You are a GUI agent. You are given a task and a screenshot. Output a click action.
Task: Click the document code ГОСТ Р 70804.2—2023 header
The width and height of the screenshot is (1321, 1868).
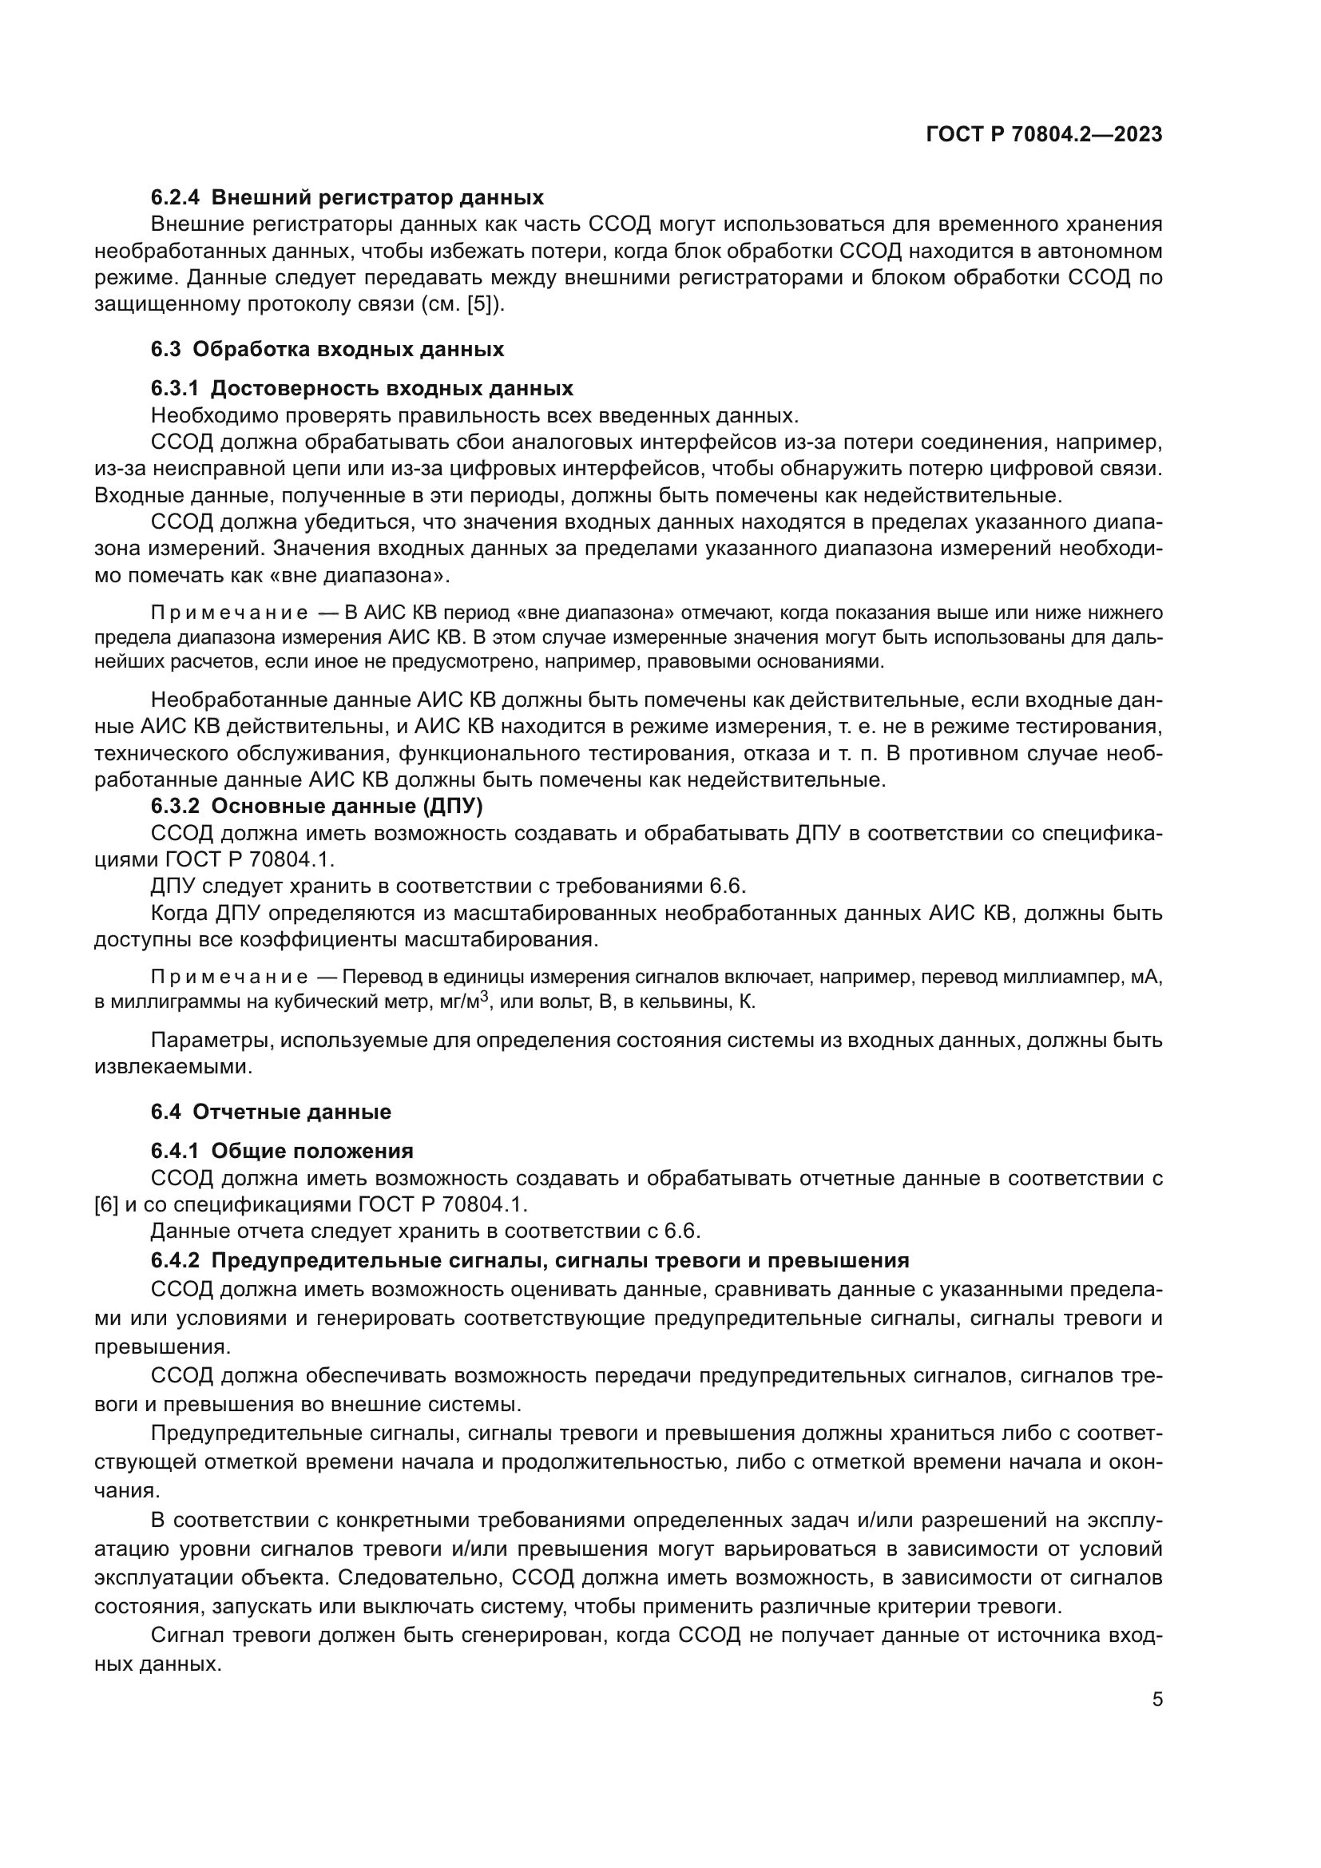tap(1044, 135)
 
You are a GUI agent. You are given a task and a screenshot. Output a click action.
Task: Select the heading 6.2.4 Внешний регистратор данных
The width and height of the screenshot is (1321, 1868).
tap(347, 198)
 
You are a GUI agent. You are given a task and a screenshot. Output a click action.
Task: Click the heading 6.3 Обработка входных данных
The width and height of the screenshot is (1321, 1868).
tap(327, 350)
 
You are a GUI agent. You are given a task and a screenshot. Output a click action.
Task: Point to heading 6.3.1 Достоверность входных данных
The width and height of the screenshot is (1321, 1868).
tap(362, 388)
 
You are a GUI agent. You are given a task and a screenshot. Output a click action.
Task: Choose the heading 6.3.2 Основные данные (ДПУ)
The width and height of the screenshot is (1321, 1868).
tap(317, 807)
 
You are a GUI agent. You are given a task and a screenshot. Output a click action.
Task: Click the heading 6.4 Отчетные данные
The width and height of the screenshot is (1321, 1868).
tap(271, 1112)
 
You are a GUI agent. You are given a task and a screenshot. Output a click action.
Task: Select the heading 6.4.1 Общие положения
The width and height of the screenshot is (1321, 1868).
tap(282, 1152)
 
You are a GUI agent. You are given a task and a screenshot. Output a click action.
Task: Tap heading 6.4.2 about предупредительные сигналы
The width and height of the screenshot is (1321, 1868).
tap(530, 1261)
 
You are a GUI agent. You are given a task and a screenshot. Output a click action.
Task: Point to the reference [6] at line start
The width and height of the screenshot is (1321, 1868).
tap(105, 1204)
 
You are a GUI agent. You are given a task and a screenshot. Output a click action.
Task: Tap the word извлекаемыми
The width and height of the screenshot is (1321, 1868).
tap(173, 1067)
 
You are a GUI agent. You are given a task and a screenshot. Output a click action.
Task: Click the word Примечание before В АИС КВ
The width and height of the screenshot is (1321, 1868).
tap(229, 613)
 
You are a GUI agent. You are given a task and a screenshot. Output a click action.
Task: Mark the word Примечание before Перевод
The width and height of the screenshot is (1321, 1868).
tap(229, 976)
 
